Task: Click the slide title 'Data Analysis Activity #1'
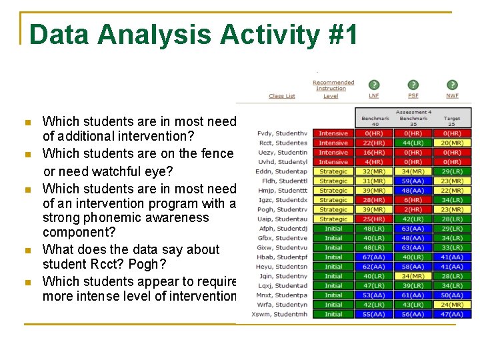[x=193, y=34]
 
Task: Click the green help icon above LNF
[x=375, y=85]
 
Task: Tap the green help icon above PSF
[x=413, y=85]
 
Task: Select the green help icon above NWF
[x=452, y=85]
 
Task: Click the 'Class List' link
[x=281, y=96]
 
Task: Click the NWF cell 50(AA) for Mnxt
[x=452, y=295]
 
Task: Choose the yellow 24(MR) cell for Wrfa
[x=452, y=305]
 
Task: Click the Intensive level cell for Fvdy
[x=333, y=133]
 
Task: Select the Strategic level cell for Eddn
[x=333, y=171]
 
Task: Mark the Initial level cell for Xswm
[x=333, y=314]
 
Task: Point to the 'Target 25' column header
[x=452, y=121]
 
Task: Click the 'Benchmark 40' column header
[x=375, y=121]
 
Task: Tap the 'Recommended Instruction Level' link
[x=333, y=89]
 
